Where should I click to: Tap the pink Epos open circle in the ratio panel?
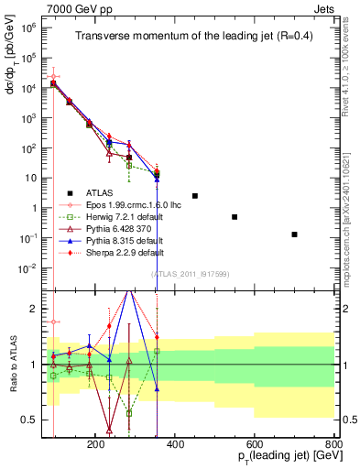54,322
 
